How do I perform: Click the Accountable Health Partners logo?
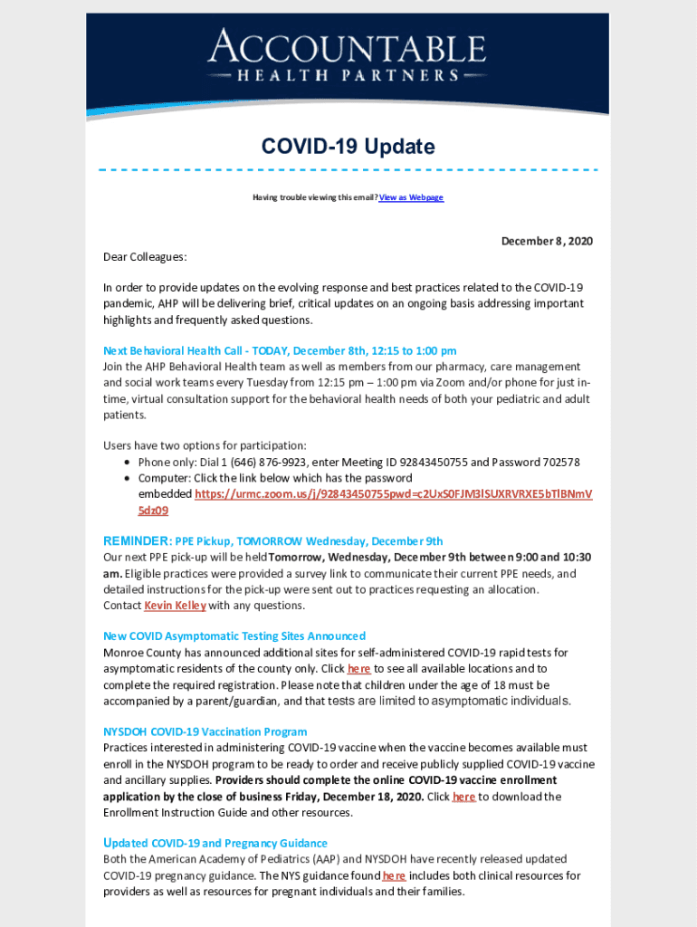pyautogui.click(x=347, y=55)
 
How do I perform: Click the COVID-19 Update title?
pyautogui.click(x=348, y=147)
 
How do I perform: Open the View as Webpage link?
pyautogui.click(x=411, y=197)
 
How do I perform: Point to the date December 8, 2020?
pyautogui.click(x=547, y=241)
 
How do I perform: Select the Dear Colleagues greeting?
pyautogui.click(x=145, y=257)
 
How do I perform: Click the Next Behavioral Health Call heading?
pyautogui.click(x=280, y=350)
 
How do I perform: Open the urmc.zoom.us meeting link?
pyautogui.click(x=393, y=494)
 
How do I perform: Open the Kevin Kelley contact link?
pyautogui.click(x=175, y=606)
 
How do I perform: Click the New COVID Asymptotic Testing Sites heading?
pyautogui.click(x=234, y=636)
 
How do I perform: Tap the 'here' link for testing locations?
pyautogui.click(x=359, y=669)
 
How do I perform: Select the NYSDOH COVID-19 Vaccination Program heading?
pyautogui.click(x=205, y=731)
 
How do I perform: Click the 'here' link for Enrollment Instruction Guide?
pyautogui.click(x=463, y=797)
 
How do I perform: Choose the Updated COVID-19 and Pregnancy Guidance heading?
pyautogui.click(x=215, y=843)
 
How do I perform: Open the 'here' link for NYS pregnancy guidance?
pyautogui.click(x=394, y=875)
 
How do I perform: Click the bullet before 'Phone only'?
pyautogui.click(x=129, y=462)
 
